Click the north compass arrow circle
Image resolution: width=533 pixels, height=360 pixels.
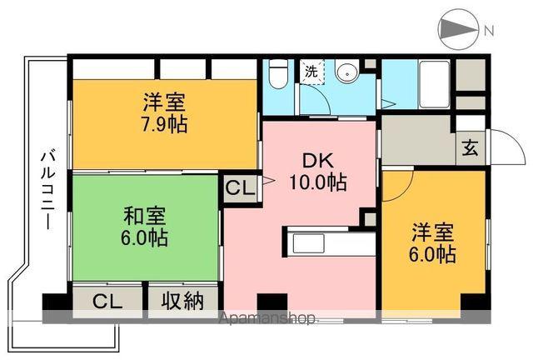tap(456, 31)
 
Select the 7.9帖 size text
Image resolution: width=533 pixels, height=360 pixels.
tap(163, 124)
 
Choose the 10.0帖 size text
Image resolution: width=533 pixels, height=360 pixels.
tap(318, 182)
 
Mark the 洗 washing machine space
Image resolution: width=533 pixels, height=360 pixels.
tap(310, 72)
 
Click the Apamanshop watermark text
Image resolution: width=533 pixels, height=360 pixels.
tap(266, 317)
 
